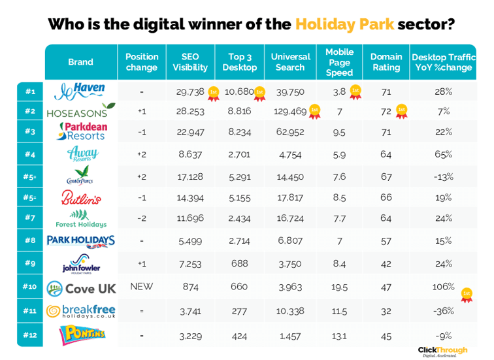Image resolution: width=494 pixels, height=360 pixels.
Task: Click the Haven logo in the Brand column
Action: click(80, 91)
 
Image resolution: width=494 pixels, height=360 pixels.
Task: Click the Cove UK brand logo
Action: click(82, 288)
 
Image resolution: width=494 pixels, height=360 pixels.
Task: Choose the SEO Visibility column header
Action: click(189, 62)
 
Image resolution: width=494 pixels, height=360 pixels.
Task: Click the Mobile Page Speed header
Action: click(339, 62)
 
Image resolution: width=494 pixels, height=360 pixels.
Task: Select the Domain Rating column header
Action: click(386, 62)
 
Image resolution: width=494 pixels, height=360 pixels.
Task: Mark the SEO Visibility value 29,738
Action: click(189, 91)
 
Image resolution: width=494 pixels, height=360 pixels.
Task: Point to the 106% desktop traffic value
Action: click(444, 287)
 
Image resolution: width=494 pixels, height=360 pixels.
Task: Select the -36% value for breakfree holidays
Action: click(444, 311)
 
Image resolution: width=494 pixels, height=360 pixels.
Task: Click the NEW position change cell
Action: click(141, 287)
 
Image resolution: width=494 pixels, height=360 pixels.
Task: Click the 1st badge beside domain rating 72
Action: click(401, 112)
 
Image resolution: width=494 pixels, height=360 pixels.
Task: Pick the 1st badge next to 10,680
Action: click(259, 93)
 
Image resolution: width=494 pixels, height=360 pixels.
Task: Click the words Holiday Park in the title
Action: click(344, 24)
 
